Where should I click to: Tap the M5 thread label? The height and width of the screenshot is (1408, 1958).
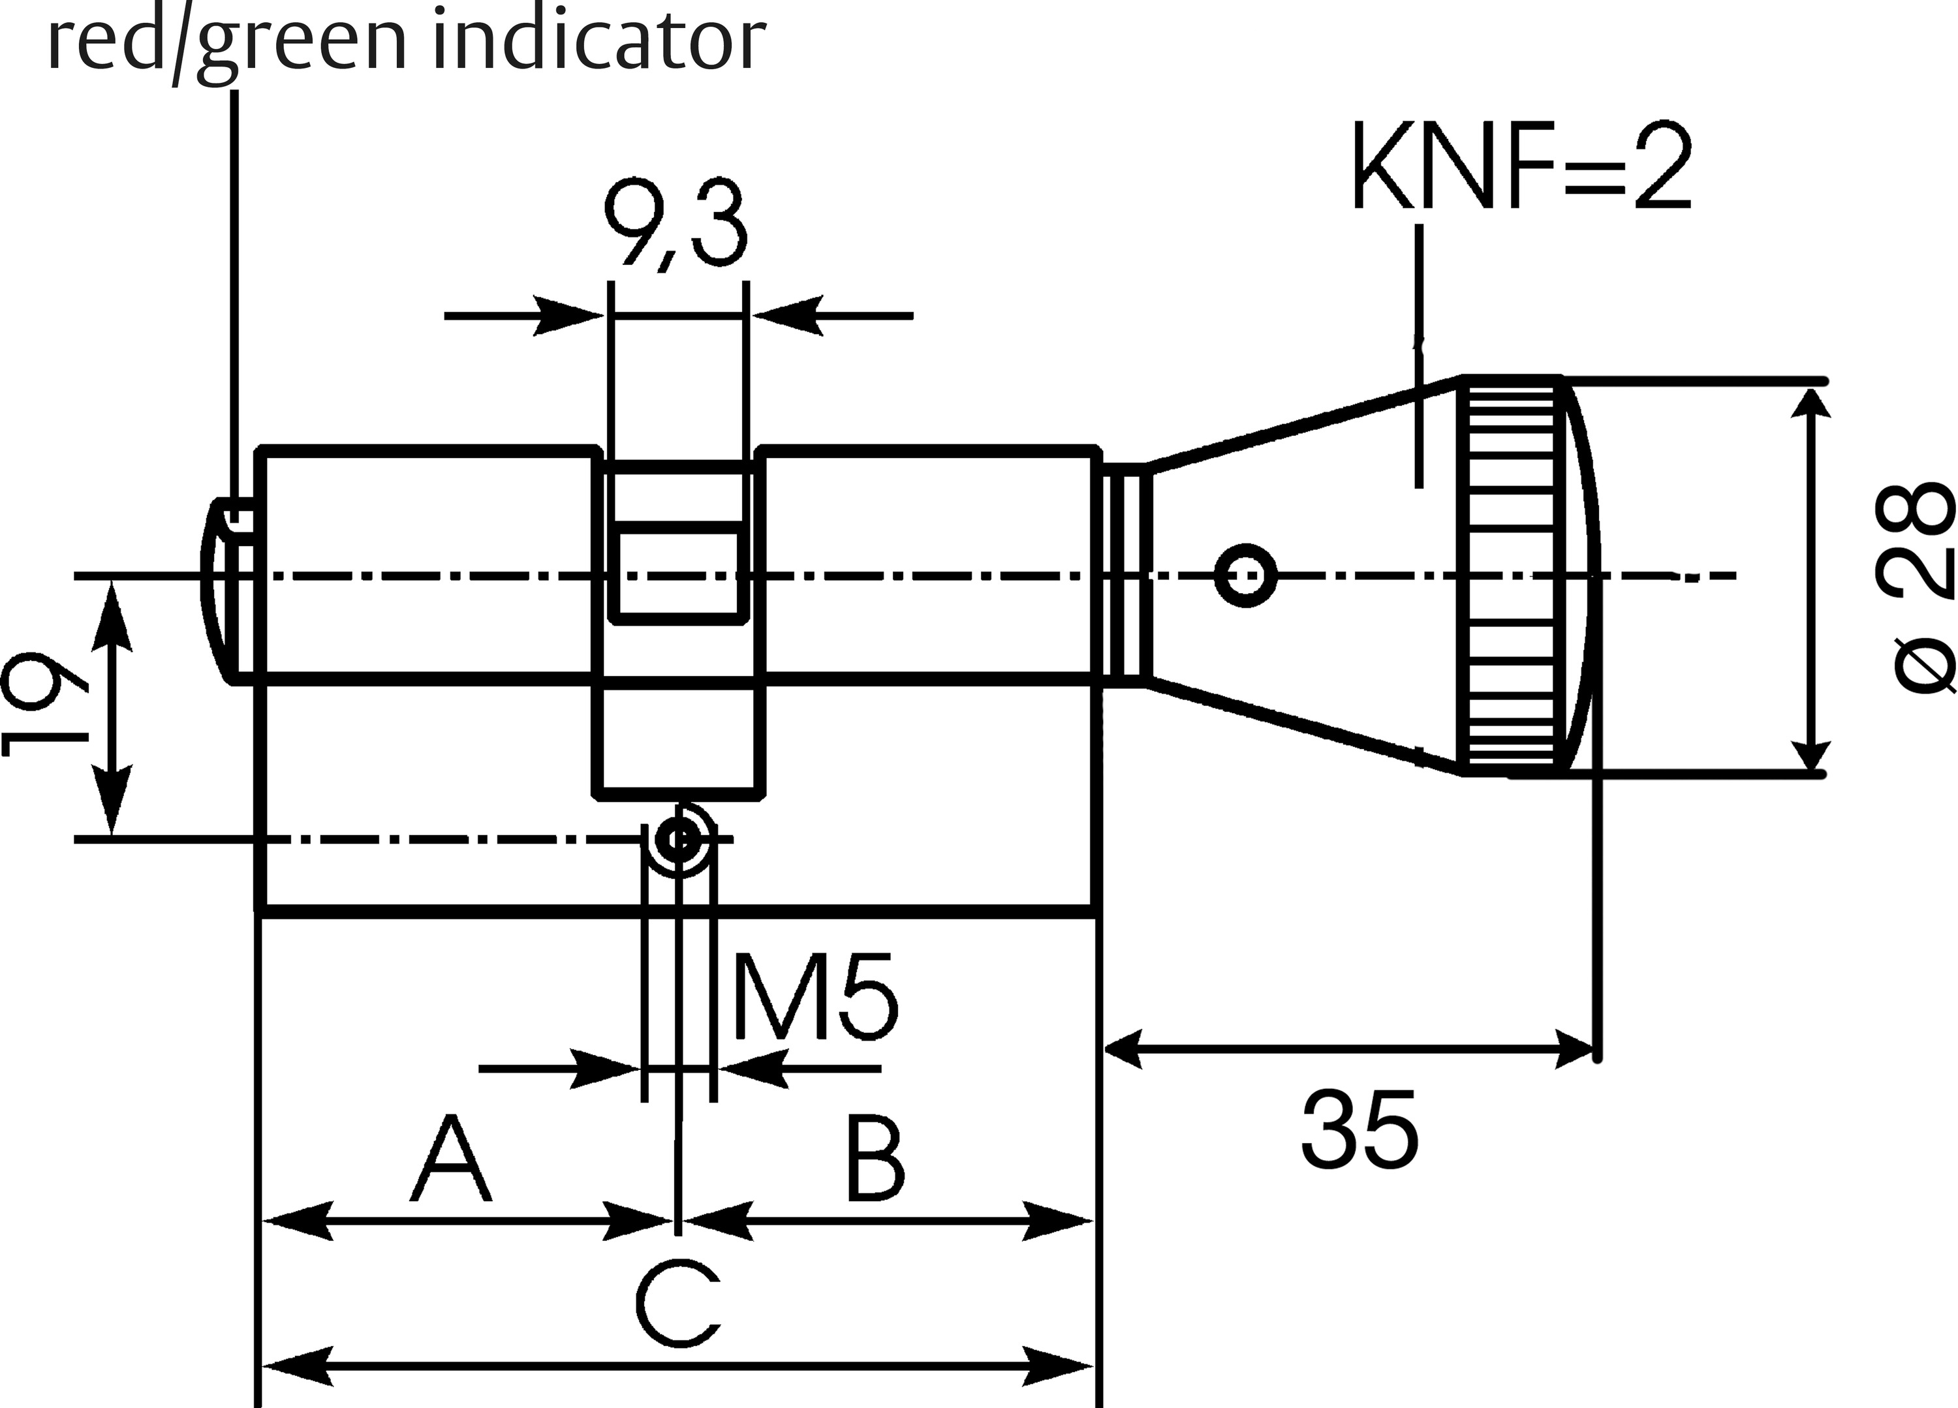click(814, 997)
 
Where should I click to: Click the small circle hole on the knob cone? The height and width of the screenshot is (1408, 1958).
click(1245, 575)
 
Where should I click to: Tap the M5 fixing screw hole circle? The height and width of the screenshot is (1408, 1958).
click(679, 836)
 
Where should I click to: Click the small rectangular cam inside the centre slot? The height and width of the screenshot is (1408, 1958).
click(676, 571)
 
